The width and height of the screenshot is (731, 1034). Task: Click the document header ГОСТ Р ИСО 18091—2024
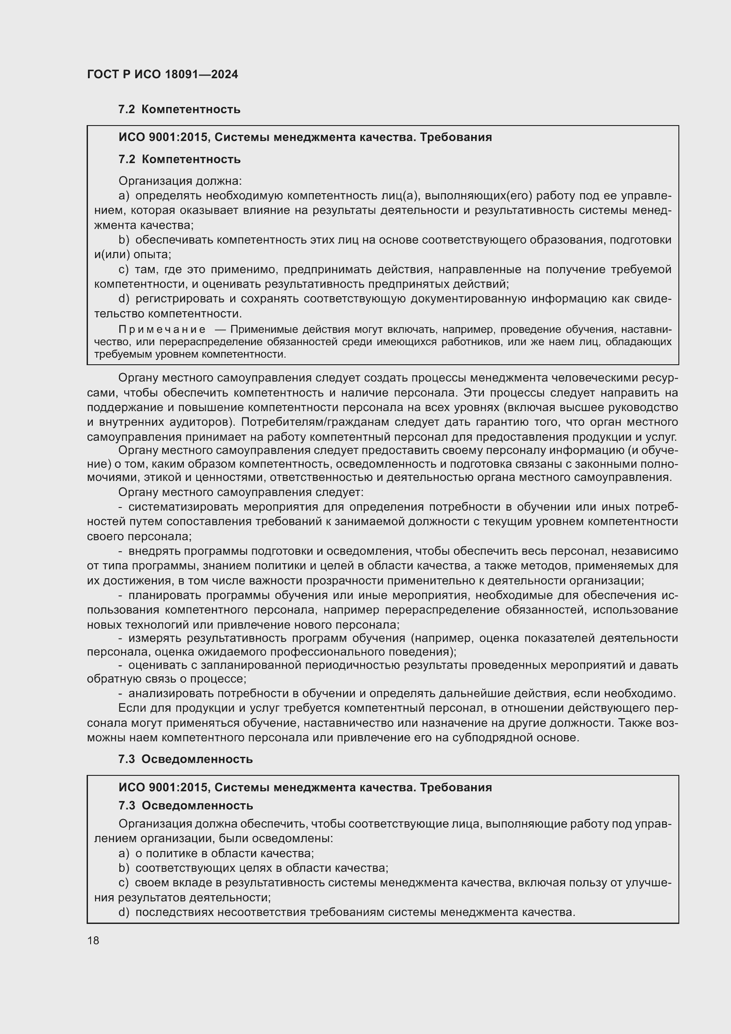click(x=163, y=74)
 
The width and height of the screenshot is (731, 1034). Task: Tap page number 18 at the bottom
click(x=93, y=940)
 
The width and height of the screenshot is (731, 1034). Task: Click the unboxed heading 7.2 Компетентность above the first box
click(x=179, y=110)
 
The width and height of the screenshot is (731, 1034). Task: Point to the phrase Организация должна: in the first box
click(x=180, y=181)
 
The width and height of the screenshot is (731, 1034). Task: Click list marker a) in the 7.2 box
click(x=124, y=195)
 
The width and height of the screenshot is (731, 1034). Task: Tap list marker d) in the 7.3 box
click(x=124, y=912)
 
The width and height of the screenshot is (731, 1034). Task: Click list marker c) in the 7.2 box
click(x=124, y=269)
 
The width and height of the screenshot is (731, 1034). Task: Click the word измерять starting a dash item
click(x=154, y=638)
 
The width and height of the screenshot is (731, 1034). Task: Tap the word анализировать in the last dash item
click(x=171, y=694)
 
